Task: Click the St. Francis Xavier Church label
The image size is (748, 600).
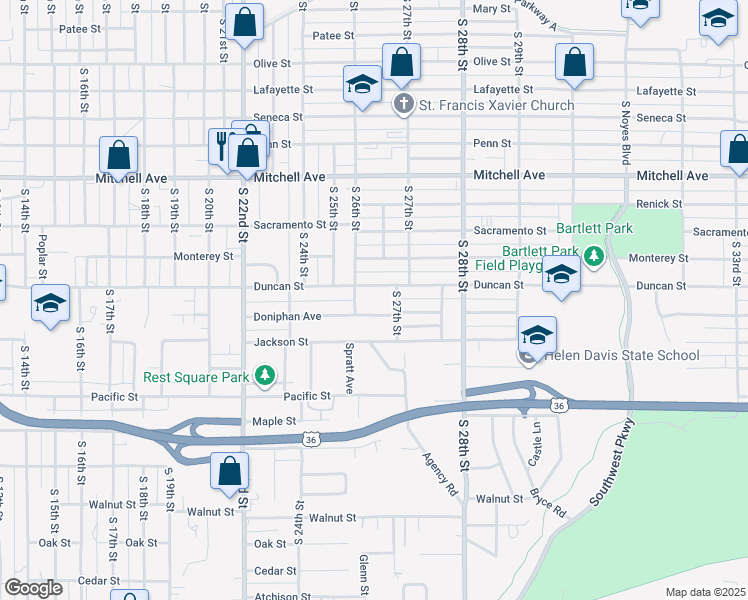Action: [496, 105]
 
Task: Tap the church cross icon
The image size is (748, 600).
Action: [403, 104]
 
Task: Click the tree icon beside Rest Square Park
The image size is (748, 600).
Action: [265, 376]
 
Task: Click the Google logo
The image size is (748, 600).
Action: [34, 587]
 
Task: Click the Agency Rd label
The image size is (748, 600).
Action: [438, 475]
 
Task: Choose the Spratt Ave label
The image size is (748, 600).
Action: [349, 370]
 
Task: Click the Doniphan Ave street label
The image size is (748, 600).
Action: [287, 316]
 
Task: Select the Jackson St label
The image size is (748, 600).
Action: [281, 342]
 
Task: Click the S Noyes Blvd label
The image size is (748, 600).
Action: [627, 132]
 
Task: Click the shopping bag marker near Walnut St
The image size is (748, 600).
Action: [230, 471]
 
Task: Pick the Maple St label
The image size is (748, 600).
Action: [275, 422]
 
